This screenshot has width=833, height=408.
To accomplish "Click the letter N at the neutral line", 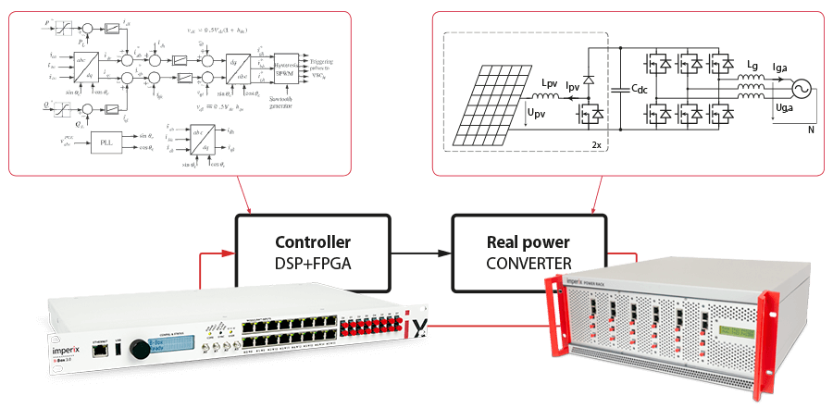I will [810, 130].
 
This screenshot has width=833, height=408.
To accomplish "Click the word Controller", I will [311, 242].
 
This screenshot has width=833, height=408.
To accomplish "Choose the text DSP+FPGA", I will [311, 264].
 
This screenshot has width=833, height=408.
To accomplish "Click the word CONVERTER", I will [529, 264].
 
